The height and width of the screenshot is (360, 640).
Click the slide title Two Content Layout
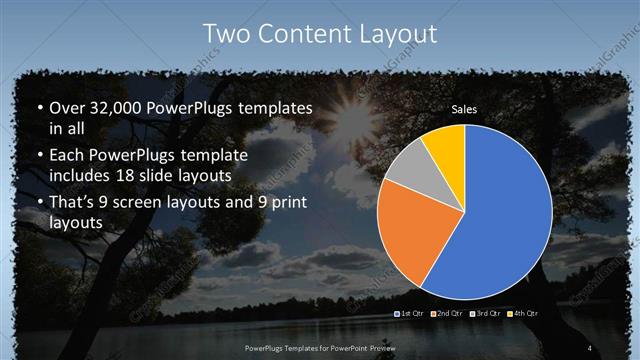point(320,33)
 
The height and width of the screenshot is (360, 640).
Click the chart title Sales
point(464,109)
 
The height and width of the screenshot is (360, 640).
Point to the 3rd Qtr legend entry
point(486,314)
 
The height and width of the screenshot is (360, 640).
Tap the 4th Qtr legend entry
point(523,314)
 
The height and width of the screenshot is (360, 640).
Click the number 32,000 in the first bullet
point(110,108)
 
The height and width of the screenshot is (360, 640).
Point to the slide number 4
point(590,346)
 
